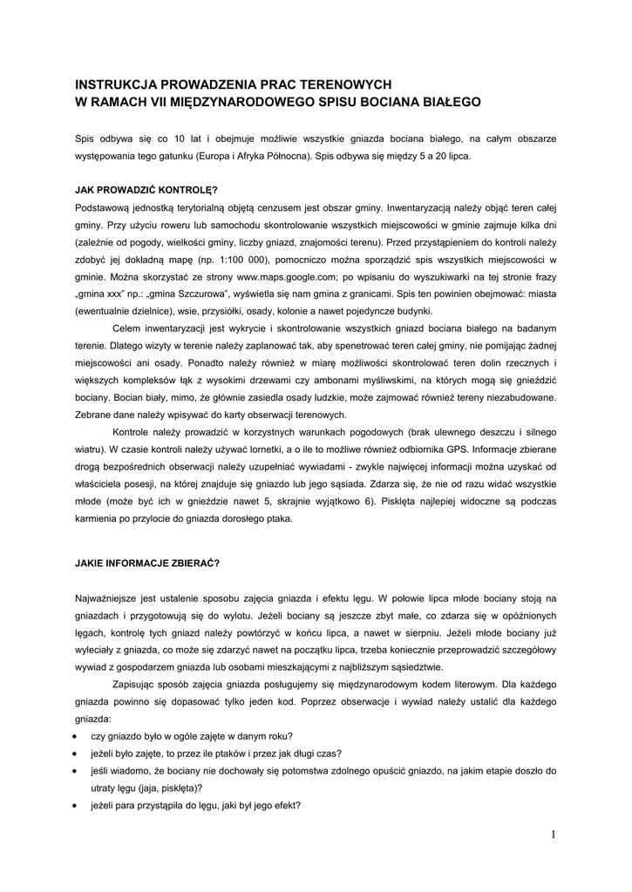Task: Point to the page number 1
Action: click(553, 835)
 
